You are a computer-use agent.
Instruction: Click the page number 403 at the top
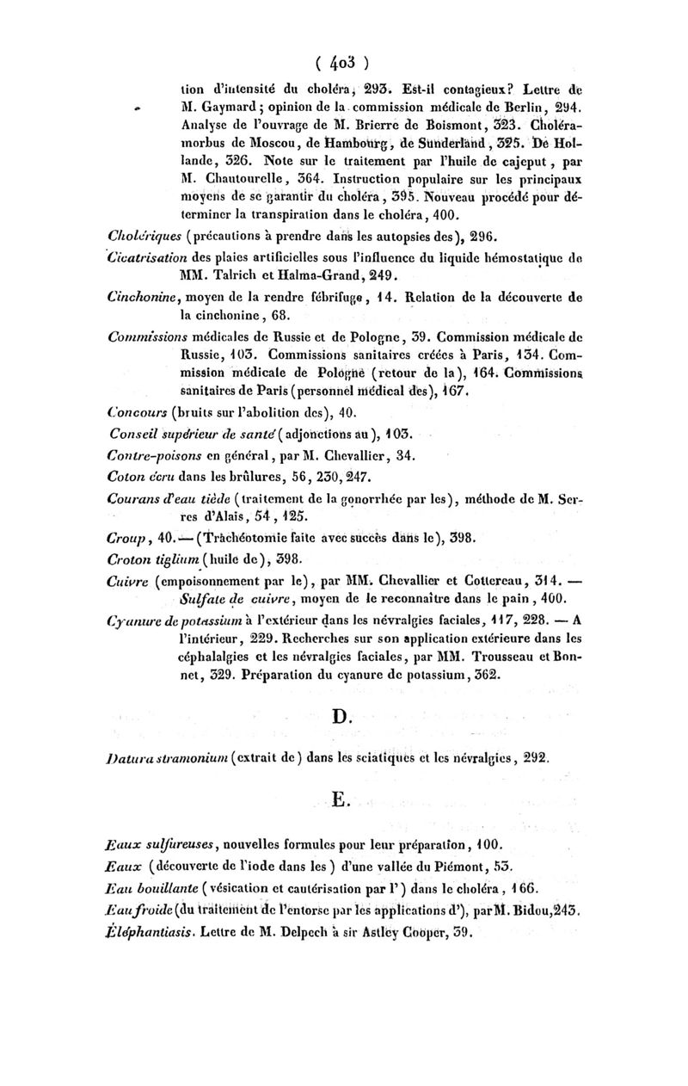click(x=343, y=62)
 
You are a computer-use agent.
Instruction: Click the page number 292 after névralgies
click(x=529, y=757)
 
